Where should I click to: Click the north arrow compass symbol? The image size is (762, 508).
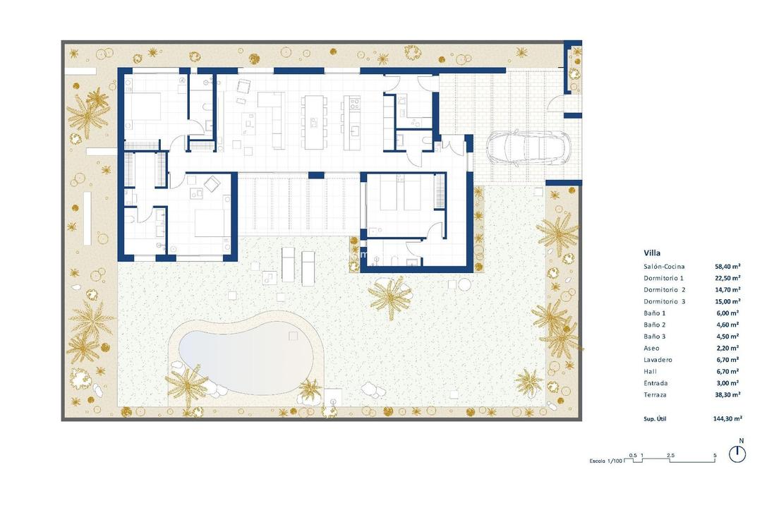(x=737, y=453)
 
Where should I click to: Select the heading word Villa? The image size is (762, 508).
(x=652, y=253)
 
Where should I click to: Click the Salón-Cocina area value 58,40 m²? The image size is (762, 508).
(x=726, y=267)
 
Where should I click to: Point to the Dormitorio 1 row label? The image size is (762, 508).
(x=664, y=278)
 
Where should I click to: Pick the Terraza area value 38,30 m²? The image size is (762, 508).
(x=726, y=394)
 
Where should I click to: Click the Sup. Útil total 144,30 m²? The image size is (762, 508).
(x=727, y=418)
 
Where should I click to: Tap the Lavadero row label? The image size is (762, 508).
(x=658, y=360)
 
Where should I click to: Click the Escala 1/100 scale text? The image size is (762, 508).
(x=605, y=461)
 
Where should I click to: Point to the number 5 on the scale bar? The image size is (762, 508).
(x=715, y=456)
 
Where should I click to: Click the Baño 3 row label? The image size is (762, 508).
(x=655, y=337)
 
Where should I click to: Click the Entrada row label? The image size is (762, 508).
(x=656, y=383)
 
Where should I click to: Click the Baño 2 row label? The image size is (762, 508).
(x=655, y=325)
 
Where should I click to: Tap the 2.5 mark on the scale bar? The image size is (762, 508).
(x=670, y=456)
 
